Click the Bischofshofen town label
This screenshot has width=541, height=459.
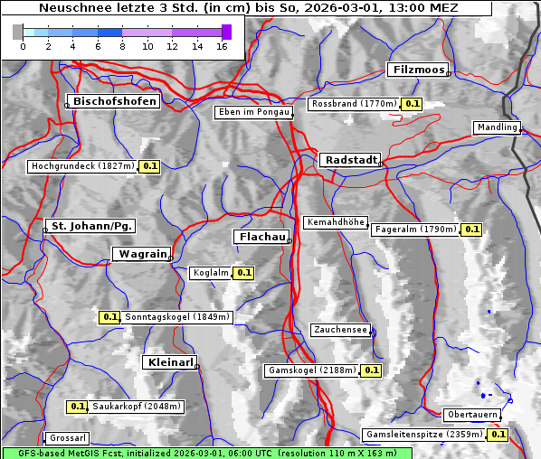[115, 101]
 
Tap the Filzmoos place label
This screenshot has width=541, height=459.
[417, 70]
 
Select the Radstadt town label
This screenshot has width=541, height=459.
[349, 160]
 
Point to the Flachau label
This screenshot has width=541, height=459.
[261, 237]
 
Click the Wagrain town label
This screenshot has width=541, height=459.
[141, 255]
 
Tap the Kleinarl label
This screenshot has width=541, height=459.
[169, 362]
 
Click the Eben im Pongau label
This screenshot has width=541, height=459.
[252, 112]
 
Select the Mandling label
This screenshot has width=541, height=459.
[497, 127]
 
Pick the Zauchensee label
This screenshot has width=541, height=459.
[340, 330]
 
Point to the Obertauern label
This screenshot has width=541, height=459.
[471, 415]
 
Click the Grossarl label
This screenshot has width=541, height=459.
[67, 438]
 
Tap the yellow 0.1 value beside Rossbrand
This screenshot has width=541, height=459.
[413, 104]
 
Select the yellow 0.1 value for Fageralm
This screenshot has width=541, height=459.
[471, 229]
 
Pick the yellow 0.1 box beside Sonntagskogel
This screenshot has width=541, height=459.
[109, 317]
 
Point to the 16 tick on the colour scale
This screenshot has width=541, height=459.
[222, 46]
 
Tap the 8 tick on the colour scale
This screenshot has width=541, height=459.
[122, 46]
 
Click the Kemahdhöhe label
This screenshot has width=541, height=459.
[336, 222]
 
